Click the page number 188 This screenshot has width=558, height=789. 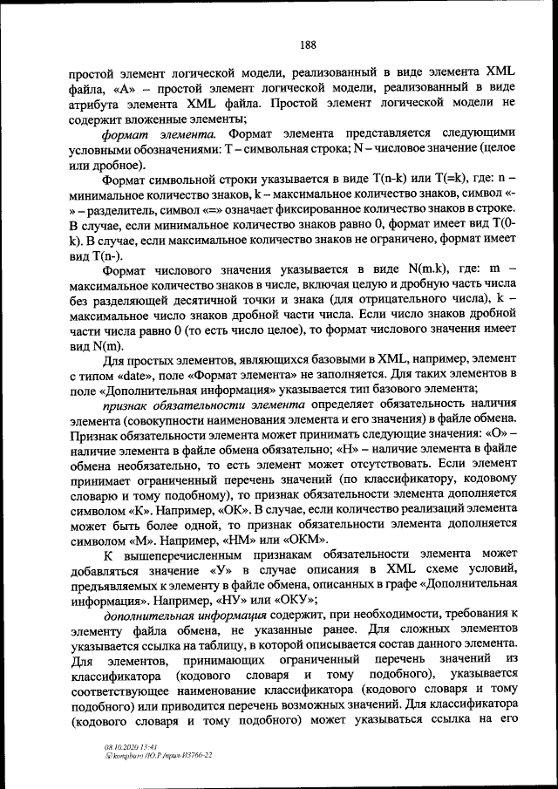(307, 45)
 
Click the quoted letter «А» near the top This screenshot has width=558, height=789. (124, 89)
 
